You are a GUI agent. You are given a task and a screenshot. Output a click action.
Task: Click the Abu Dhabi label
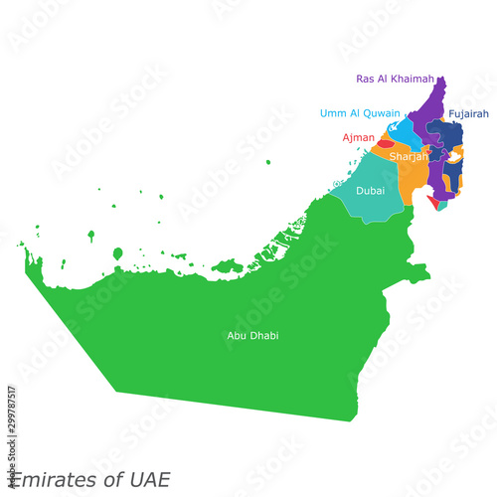[x=252, y=336]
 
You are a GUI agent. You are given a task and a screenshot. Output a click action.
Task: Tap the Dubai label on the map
[x=370, y=190]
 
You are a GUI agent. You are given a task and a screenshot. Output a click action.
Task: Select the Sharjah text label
[x=409, y=157]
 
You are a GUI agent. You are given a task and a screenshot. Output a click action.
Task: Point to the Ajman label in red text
[x=359, y=137]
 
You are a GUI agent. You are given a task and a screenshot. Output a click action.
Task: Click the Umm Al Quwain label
[x=360, y=113]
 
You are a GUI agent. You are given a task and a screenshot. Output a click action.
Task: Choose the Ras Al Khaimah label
[x=395, y=79]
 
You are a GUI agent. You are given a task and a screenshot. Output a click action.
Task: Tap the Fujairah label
[x=468, y=114]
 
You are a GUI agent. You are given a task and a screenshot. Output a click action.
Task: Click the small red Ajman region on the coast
[x=384, y=144]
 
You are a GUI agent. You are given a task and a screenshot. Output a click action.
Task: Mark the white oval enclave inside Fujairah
[x=455, y=156]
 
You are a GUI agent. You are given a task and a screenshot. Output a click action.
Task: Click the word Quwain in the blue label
[x=381, y=113]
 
